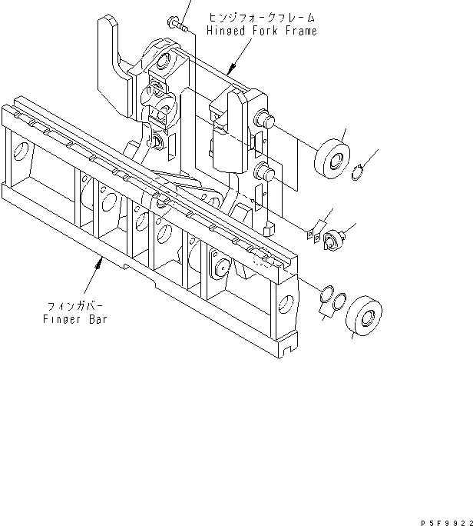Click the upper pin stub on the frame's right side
(268, 119)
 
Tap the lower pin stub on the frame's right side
(266, 171)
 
